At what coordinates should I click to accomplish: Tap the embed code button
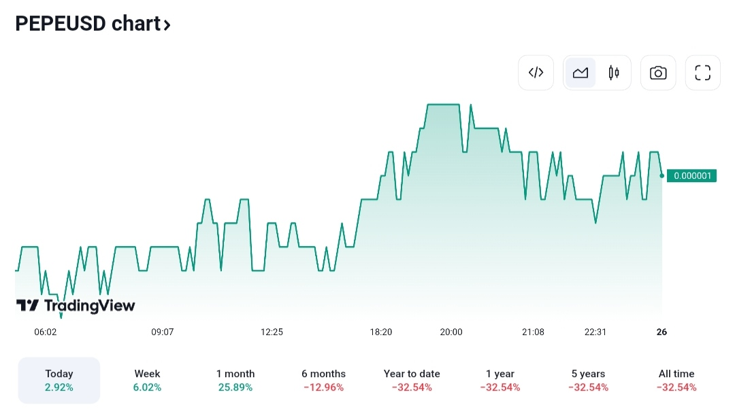click(536, 73)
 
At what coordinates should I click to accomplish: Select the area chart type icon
click(581, 73)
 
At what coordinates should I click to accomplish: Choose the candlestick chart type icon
click(614, 73)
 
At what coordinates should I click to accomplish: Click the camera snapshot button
click(658, 73)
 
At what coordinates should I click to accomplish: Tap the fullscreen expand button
click(702, 73)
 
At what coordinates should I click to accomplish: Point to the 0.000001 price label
click(691, 176)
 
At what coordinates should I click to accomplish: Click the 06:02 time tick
click(46, 332)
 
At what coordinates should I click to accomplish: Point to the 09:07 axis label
click(163, 332)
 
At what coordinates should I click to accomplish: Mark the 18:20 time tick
click(381, 332)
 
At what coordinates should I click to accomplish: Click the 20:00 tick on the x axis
click(451, 332)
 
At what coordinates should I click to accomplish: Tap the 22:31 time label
click(595, 332)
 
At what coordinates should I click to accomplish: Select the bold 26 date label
click(661, 332)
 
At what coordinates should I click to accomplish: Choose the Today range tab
click(59, 381)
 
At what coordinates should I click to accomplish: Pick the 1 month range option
click(235, 381)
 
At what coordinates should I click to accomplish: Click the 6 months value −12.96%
click(323, 388)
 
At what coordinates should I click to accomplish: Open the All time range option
click(676, 381)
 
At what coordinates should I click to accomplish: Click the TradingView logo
click(76, 306)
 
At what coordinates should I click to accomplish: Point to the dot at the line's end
click(662, 175)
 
